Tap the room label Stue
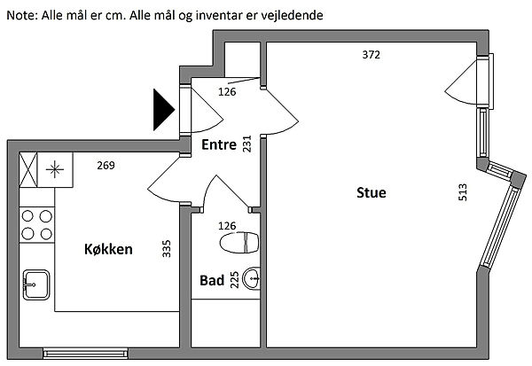point(372,192)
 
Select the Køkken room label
point(108,249)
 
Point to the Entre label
point(219,145)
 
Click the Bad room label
point(212,280)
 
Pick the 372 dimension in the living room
point(372,55)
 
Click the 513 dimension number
point(462,192)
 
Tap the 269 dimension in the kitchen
point(106,165)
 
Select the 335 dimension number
point(167,248)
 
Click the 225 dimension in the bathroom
point(235,280)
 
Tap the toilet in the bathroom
point(239,241)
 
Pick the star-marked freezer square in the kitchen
point(56,168)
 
